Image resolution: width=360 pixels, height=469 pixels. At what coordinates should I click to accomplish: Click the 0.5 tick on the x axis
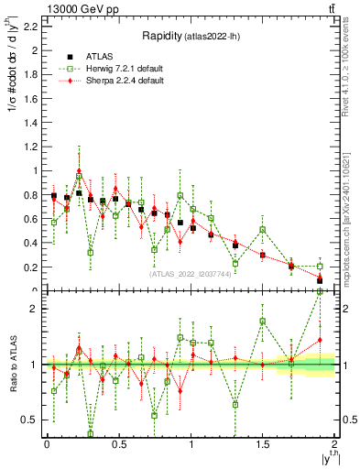[118, 444]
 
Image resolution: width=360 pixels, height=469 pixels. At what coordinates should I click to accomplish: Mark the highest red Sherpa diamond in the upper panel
[79, 170]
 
